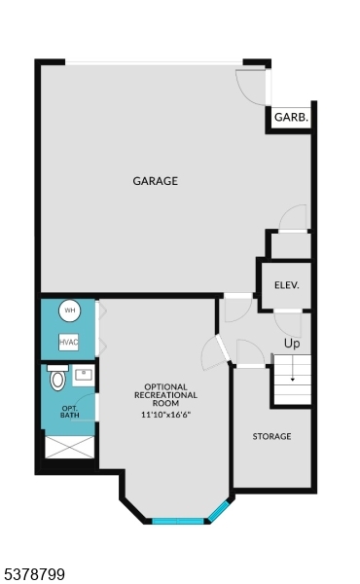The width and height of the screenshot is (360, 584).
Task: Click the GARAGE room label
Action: tap(155, 181)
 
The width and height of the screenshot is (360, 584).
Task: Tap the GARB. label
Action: tap(291, 117)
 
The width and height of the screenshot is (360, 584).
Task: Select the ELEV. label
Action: tap(286, 285)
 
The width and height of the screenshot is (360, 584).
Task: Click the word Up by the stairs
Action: tap(291, 344)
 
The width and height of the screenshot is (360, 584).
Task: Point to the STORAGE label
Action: tap(271, 436)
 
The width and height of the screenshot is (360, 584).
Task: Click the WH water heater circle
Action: tap(69, 311)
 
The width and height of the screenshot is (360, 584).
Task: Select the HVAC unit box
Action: tap(68, 342)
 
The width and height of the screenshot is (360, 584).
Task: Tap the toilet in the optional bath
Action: tap(57, 377)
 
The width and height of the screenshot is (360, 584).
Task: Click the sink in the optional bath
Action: tap(84, 375)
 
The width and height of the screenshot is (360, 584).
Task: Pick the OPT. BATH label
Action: tap(69, 412)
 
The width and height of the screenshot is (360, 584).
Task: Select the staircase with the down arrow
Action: tap(291, 381)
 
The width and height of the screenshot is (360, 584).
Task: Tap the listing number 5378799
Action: tap(33, 575)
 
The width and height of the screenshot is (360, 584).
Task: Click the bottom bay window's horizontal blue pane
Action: tap(178, 522)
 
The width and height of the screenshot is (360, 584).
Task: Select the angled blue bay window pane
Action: tap(220, 511)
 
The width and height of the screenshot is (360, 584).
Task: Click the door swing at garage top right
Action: tap(252, 87)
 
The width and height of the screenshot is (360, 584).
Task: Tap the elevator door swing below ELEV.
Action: tap(287, 323)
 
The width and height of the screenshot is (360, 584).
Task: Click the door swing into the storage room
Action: tap(248, 352)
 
